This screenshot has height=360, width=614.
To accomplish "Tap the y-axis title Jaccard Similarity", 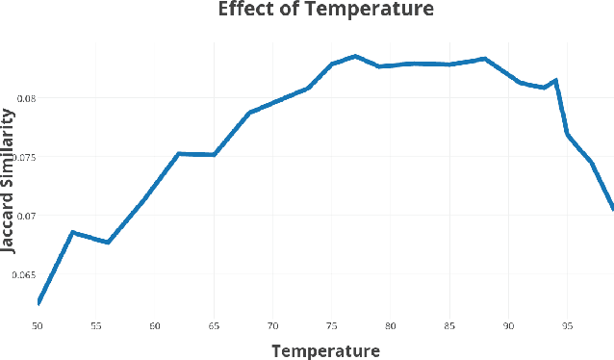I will (9, 180).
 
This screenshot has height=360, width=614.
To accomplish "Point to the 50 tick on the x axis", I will (38, 326).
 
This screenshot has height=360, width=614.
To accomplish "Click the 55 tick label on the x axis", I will (96, 326).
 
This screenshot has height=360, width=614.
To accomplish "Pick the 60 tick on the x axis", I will (155, 326).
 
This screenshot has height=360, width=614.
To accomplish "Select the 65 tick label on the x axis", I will (214, 326).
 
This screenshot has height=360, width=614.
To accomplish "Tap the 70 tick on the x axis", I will (272, 326).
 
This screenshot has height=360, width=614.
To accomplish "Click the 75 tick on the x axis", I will (332, 326).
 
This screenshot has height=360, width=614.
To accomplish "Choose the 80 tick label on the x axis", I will (391, 326).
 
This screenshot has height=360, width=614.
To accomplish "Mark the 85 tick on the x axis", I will (449, 326).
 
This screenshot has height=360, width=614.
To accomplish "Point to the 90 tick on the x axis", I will (508, 326).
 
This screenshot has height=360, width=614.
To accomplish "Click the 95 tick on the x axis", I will (567, 326).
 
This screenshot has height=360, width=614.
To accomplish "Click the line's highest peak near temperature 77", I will (355, 56).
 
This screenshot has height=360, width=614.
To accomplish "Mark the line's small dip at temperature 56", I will (108, 242).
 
